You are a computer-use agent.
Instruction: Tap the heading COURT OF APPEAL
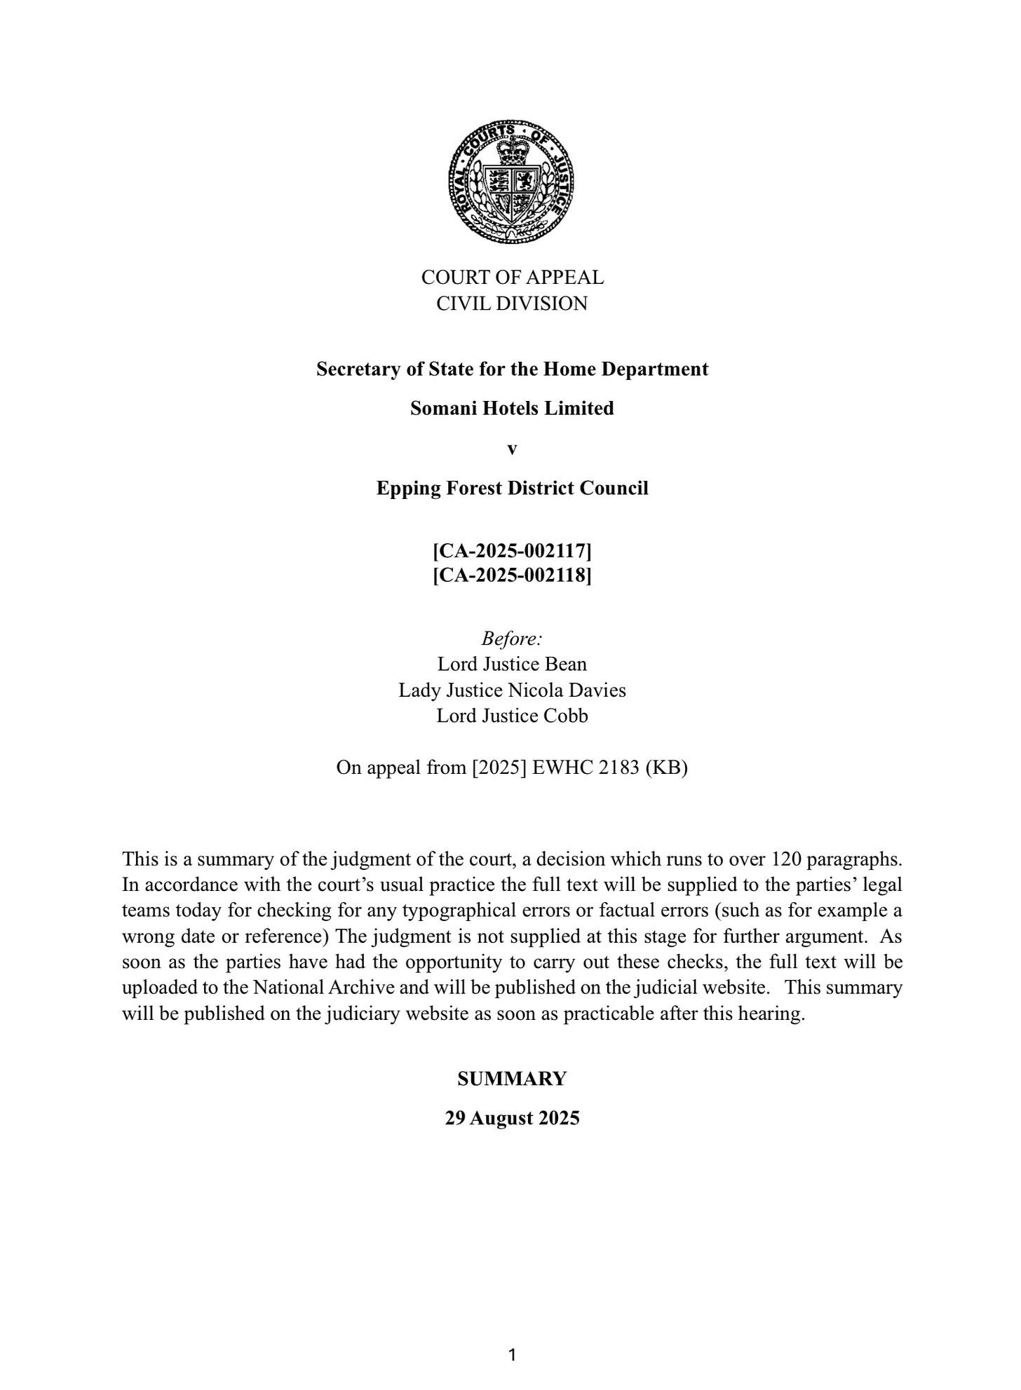[512, 278]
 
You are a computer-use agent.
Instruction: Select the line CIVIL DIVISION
[512, 304]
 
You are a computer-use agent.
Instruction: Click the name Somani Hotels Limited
[512, 408]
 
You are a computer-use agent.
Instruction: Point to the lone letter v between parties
[512, 449]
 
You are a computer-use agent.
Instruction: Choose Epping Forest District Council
[512, 488]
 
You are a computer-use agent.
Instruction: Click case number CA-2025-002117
[512, 551]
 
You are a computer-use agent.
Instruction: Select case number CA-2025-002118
[512, 575]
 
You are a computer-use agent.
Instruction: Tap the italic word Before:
[512, 639]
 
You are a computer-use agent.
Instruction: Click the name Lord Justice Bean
[512, 664]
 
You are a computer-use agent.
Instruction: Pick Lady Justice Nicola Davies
[512, 690]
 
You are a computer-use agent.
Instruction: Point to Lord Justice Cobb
[512, 716]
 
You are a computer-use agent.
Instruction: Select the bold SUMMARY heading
[512, 1079]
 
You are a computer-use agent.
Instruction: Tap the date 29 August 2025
[512, 1118]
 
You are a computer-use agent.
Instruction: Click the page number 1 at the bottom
[512, 1354]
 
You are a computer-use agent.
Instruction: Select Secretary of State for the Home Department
[512, 369]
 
